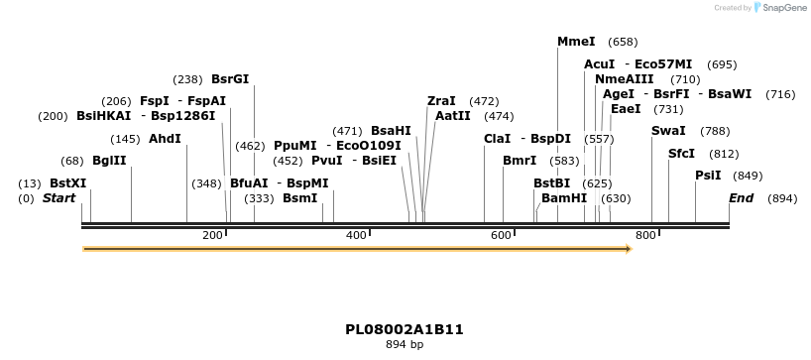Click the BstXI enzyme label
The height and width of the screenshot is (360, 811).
(67, 183)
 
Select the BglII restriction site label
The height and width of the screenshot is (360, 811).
(109, 161)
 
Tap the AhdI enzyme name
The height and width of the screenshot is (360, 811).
(165, 139)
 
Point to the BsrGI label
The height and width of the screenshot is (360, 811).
(230, 79)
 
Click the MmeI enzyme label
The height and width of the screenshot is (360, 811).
(576, 42)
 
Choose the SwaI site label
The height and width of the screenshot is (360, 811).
(668, 131)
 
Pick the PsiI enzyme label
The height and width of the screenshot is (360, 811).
(708, 176)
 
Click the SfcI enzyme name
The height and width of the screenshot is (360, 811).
(682, 154)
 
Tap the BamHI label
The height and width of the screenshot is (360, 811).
(564, 198)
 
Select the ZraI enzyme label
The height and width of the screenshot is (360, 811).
(441, 101)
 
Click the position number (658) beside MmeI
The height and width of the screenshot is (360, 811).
(623, 42)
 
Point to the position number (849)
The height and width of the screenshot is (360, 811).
(748, 176)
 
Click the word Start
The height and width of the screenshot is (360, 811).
(58, 198)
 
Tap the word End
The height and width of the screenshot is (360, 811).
(742, 198)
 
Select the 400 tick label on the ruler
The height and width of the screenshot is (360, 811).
(356, 235)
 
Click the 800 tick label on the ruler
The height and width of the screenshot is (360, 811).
(646, 235)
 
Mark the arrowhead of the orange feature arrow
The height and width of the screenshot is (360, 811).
(627, 249)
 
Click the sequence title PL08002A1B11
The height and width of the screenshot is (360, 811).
(405, 329)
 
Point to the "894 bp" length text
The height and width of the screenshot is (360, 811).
(405, 345)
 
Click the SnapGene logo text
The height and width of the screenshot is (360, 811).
(784, 8)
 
